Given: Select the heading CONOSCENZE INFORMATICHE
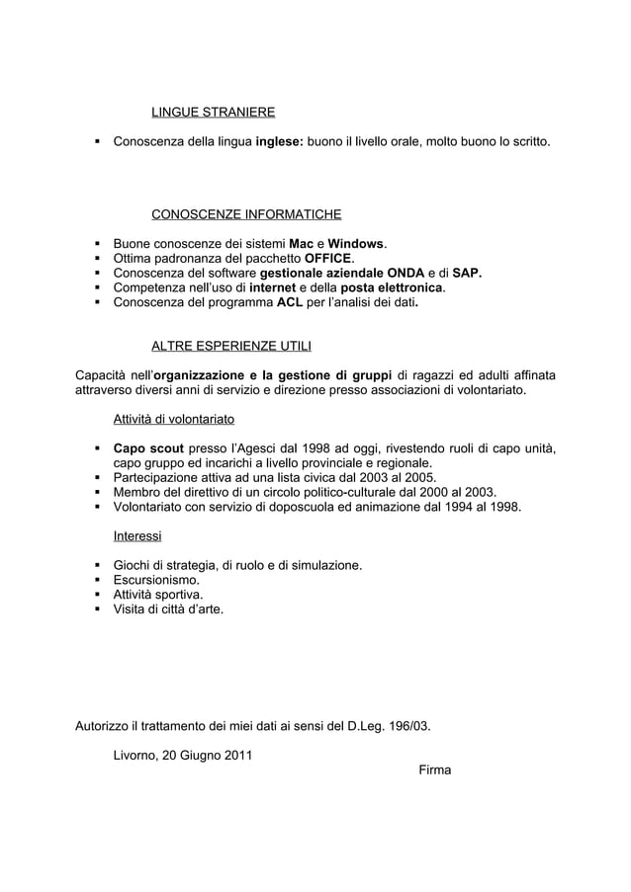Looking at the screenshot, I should [246, 214].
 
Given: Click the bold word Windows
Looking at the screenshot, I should [357, 243].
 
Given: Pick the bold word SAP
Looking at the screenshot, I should [466, 273].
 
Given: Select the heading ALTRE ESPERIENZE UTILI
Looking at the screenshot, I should [233, 346].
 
